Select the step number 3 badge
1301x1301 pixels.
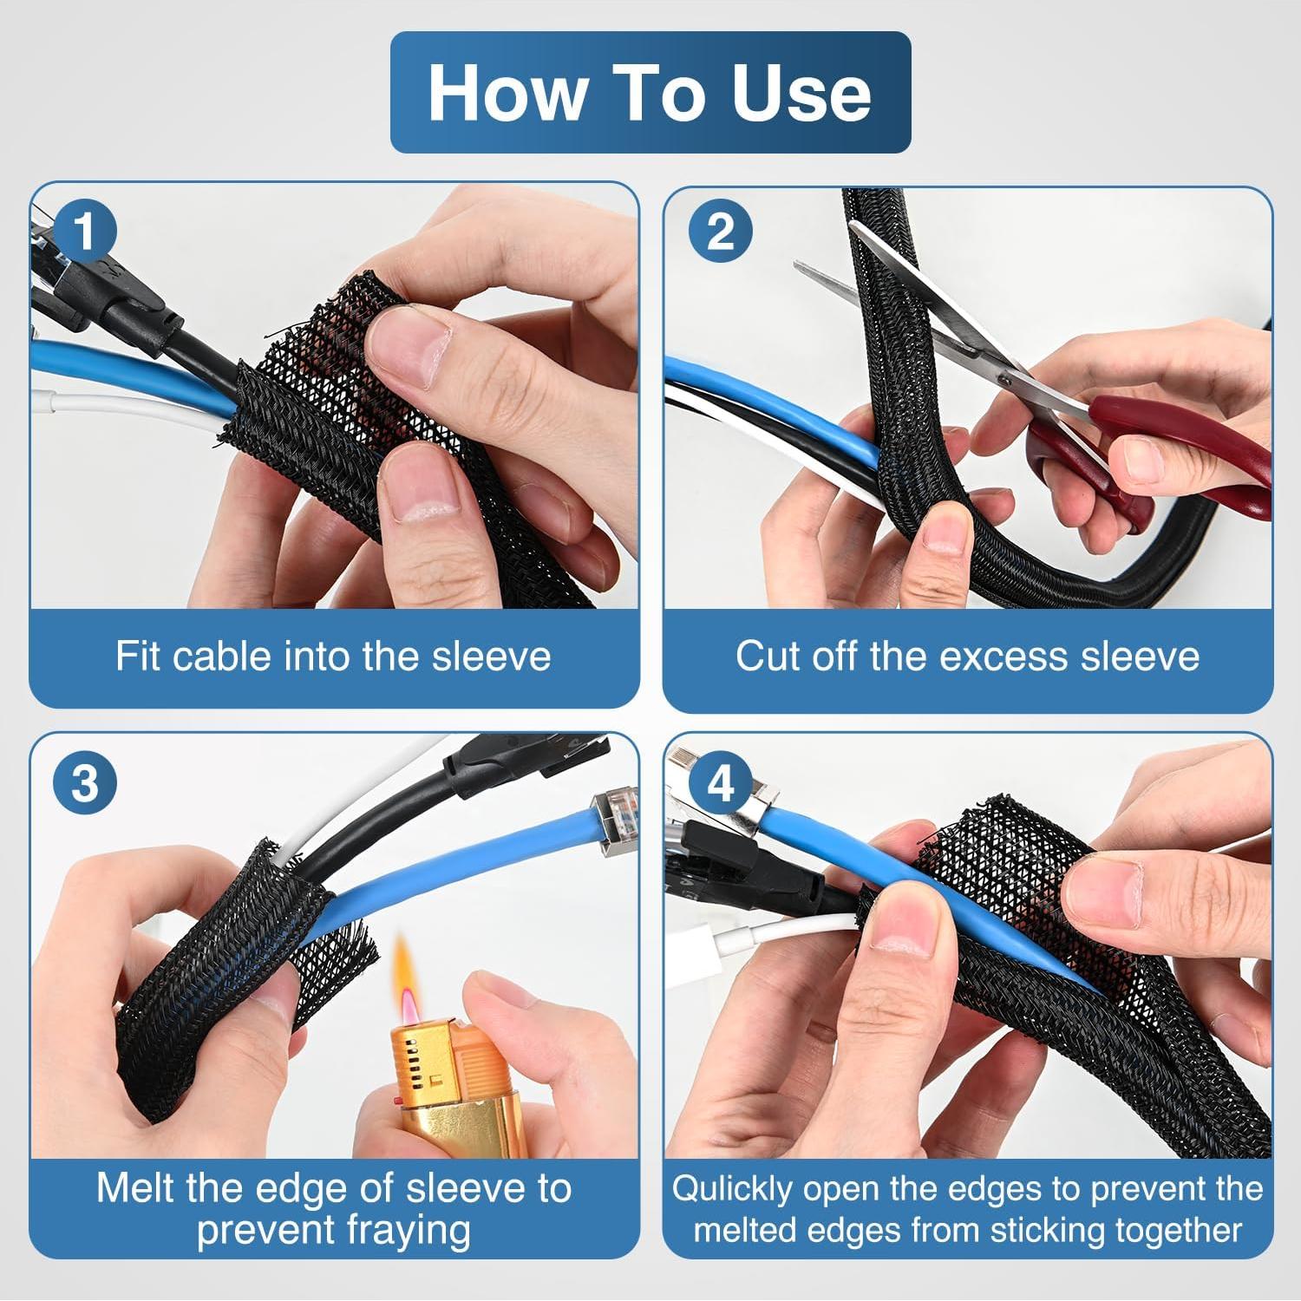(x=85, y=783)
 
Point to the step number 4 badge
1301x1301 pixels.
(x=720, y=783)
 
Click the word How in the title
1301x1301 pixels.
(x=506, y=93)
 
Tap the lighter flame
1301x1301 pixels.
(x=408, y=980)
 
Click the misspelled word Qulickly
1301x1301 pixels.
(x=732, y=1189)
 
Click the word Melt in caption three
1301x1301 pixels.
(x=136, y=1187)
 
